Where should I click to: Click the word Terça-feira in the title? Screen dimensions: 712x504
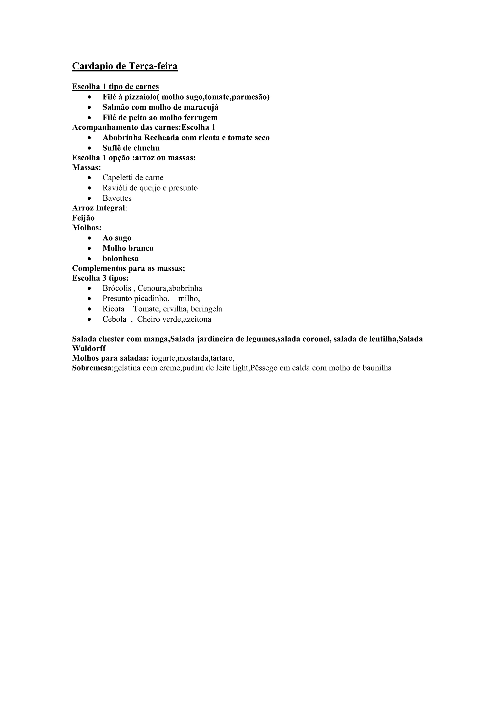tap(153, 66)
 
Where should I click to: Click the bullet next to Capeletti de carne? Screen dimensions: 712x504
tap(89, 178)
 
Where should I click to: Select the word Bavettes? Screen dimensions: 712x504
tap(117, 198)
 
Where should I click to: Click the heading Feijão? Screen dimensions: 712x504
tap(83, 218)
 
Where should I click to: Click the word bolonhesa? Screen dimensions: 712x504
tap(120, 259)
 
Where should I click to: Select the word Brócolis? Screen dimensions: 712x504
tap(117, 288)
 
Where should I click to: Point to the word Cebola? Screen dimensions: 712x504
tap(114, 319)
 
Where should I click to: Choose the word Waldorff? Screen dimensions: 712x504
tap(89, 349)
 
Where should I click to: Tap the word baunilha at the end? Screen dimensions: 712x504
tap(377, 368)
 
